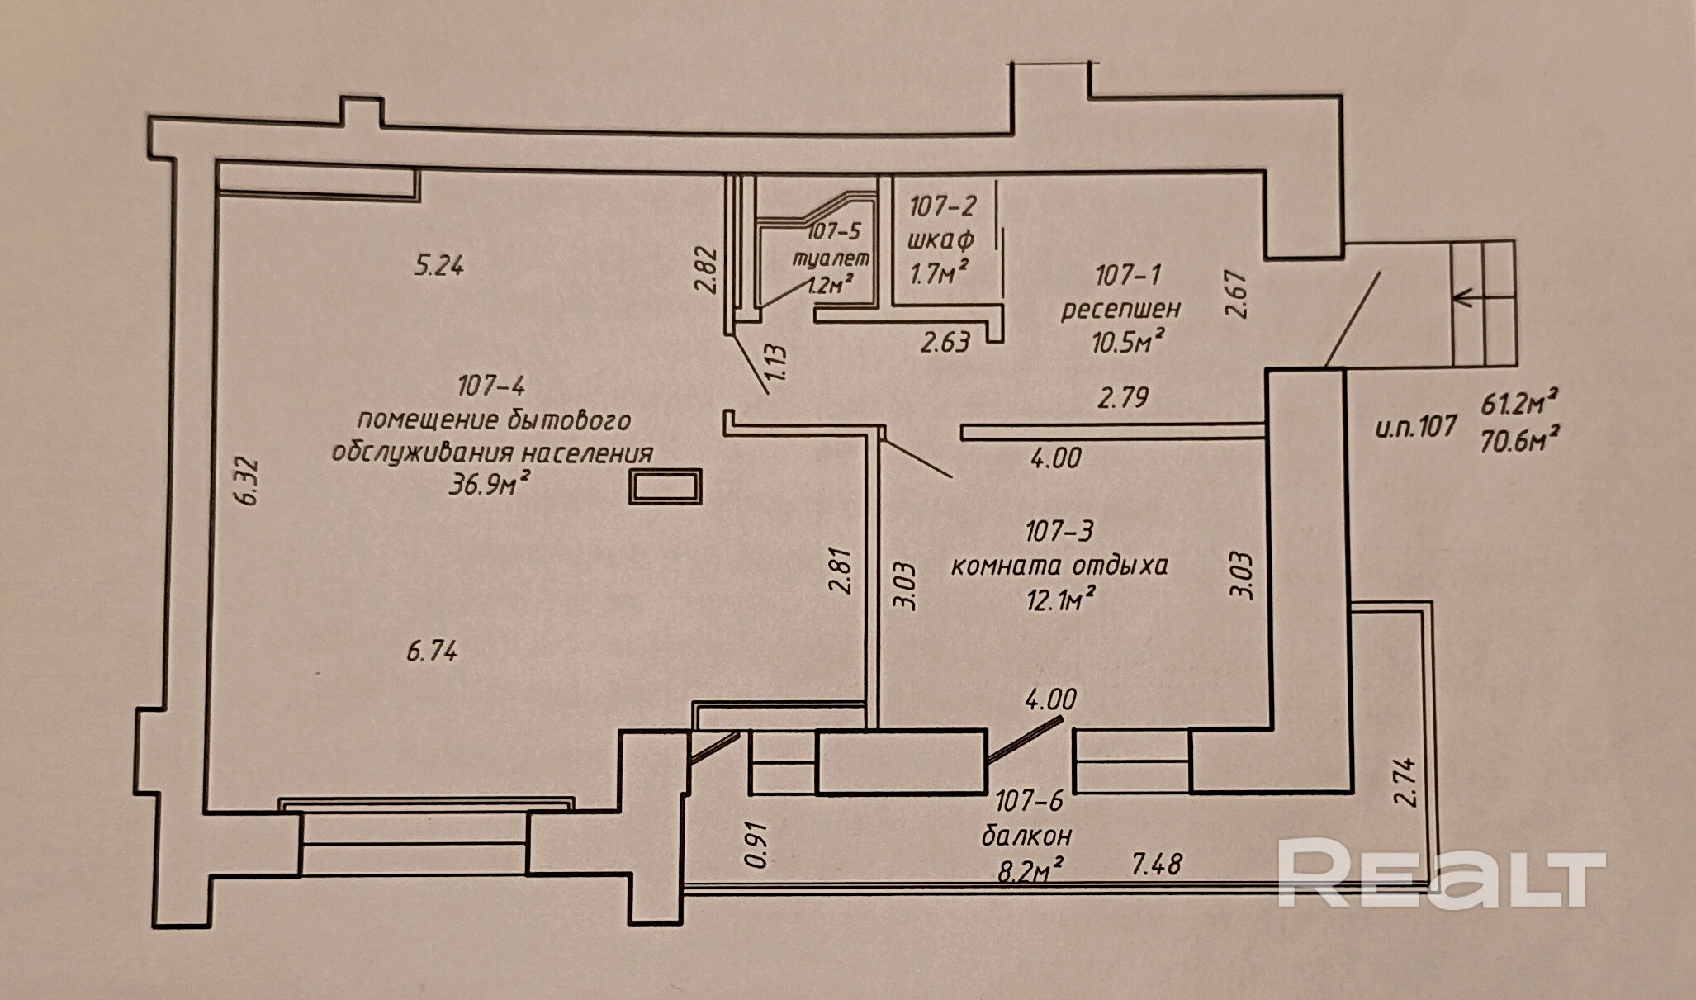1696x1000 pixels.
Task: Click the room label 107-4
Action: click(490, 386)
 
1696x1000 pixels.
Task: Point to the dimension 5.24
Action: click(438, 266)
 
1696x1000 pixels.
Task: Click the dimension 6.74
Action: click(432, 652)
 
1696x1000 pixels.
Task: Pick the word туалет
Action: click(831, 258)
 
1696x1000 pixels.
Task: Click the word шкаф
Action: click(940, 239)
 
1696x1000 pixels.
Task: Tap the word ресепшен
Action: click(1120, 309)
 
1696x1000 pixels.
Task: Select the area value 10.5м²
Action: click(1128, 341)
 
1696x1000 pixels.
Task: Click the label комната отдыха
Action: click(1059, 566)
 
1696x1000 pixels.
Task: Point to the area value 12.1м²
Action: click(1060, 599)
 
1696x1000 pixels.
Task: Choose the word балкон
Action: click(1026, 836)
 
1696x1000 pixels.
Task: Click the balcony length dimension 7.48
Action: click(1156, 865)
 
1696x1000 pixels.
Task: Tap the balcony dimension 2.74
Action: click(1405, 782)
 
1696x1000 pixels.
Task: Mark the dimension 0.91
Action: click(756, 845)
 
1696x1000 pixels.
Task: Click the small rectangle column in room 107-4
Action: click(665, 486)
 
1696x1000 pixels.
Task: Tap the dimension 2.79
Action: click(1122, 399)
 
